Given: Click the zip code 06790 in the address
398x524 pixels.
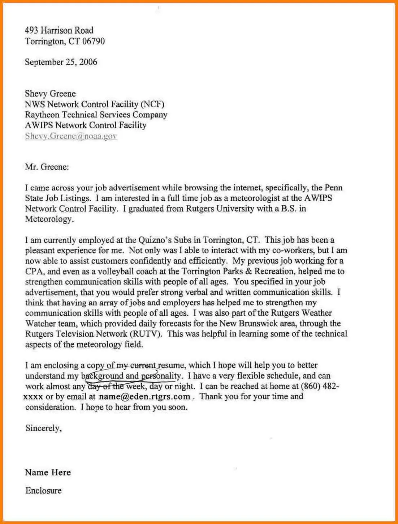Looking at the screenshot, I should [94, 41].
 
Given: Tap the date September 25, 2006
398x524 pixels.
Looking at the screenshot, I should [61, 62].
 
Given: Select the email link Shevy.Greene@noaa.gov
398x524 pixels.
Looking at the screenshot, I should [71, 136].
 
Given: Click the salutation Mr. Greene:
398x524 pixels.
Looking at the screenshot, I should [47, 167].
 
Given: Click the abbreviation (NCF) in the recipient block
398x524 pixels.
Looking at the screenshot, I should [152, 104].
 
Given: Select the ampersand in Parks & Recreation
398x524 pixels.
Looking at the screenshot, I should [248, 271].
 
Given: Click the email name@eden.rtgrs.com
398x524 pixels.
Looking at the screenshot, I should [144, 397].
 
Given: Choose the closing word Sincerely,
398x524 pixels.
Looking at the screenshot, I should [43, 428].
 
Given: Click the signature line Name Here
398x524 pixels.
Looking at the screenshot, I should [48, 472].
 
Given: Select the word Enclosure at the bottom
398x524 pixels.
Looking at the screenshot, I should [43, 491].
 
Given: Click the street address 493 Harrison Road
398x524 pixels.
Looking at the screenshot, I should [59, 30].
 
